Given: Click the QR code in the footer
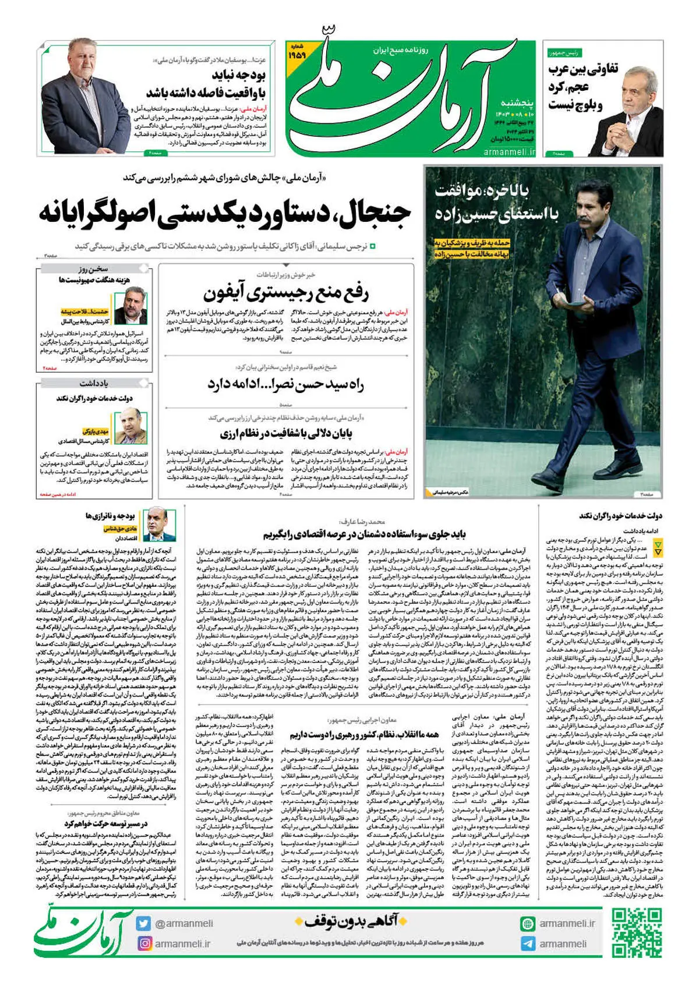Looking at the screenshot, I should coord(637,933).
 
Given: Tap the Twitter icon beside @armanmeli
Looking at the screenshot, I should coord(143,923).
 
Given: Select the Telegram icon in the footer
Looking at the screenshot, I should coord(528,944).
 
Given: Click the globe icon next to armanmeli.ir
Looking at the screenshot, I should coord(528,923).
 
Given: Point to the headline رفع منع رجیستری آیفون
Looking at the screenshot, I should coord(285,293).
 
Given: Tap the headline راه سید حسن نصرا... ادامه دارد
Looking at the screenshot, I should coord(285,385).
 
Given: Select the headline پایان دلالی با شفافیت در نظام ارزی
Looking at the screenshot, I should coord(285,434).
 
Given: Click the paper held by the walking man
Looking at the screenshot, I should coord(557,300).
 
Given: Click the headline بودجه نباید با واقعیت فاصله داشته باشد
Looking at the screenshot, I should coord(207,84).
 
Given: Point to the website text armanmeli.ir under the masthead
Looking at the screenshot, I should coord(509,151).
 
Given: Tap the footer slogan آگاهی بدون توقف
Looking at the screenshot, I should coord(351,921).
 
